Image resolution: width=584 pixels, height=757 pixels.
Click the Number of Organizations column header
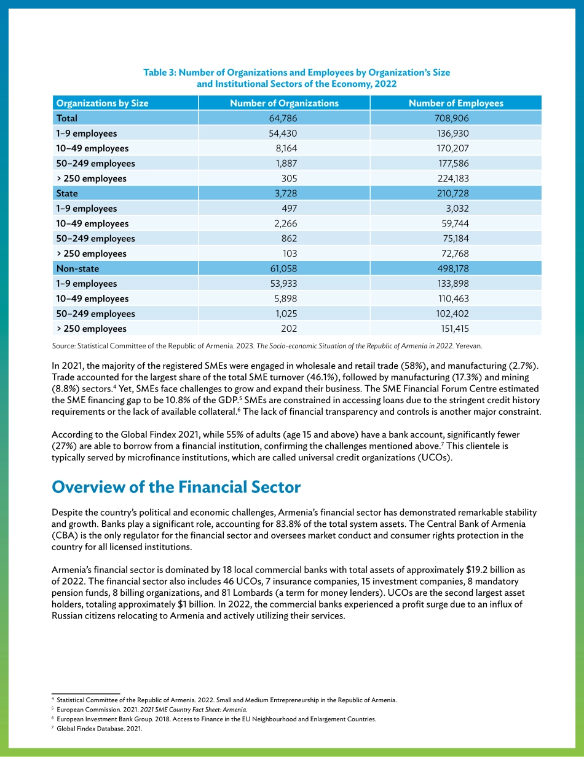(284, 103)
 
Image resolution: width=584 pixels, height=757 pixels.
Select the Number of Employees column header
(456, 103)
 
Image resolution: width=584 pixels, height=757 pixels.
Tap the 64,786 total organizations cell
(283, 118)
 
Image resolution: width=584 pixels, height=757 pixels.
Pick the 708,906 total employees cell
(451, 118)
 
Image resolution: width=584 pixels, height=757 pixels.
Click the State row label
(67, 193)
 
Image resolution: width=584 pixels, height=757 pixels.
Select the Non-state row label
(77, 268)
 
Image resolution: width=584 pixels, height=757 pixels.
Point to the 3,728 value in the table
(285, 193)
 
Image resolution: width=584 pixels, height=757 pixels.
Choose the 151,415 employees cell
(454, 329)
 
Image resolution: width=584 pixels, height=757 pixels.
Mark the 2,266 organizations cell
(285, 223)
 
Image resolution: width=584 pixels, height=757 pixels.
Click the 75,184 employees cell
(456, 238)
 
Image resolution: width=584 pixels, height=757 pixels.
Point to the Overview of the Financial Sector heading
(176, 487)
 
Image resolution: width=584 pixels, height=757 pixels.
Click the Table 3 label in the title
(159, 73)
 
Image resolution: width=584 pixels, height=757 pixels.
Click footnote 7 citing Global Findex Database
(99, 729)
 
